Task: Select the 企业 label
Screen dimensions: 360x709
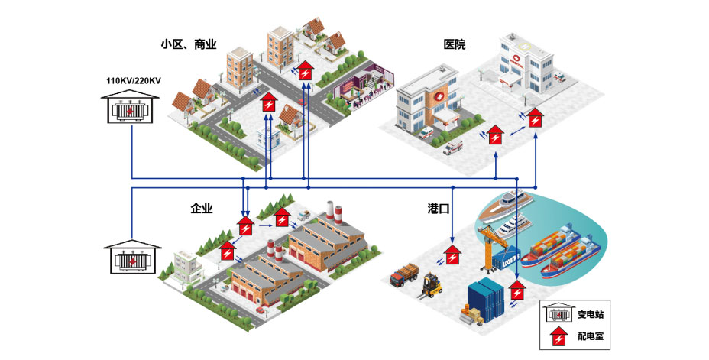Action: click(x=201, y=209)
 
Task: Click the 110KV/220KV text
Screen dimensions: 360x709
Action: click(x=134, y=79)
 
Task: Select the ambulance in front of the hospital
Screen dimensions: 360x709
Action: click(x=452, y=148)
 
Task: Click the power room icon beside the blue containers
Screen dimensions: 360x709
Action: click(x=518, y=292)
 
